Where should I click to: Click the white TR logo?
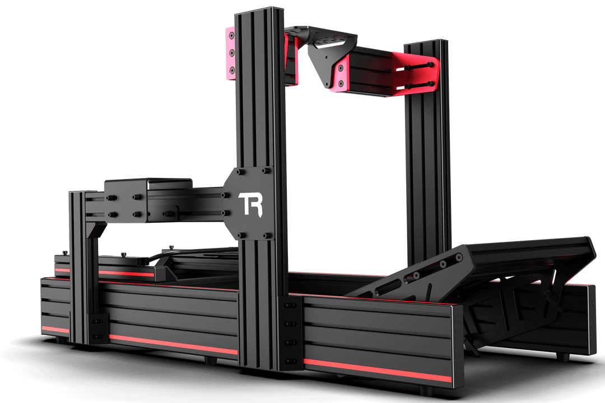pos(251,204)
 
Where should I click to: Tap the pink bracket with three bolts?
pos(231,53)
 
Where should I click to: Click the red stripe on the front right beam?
pos(377,370)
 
